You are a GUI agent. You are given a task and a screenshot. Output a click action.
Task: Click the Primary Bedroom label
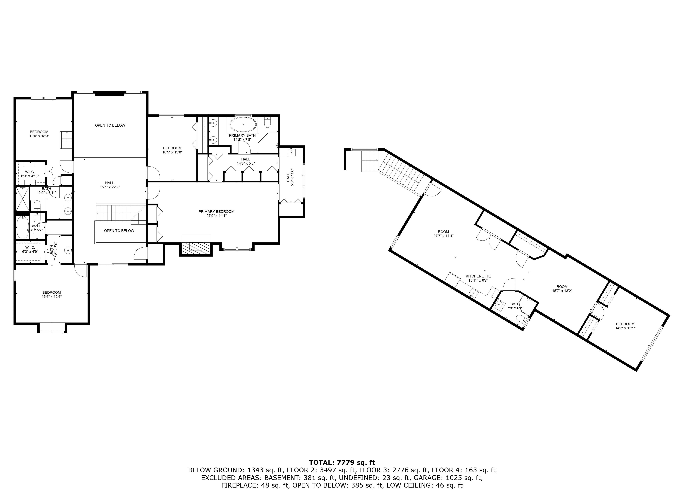pyautogui.click(x=216, y=213)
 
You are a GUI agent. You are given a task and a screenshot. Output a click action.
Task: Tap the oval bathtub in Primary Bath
pyautogui.click(x=243, y=124)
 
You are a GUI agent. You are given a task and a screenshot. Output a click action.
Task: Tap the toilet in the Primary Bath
pyautogui.click(x=268, y=122)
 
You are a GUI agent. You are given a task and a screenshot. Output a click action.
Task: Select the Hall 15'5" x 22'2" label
pyautogui.click(x=110, y=185)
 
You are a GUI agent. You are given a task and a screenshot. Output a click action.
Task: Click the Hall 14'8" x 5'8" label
pyautogui.click(x=246, y=161)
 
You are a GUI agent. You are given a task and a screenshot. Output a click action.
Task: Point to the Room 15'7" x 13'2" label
pyautogui.click(x=562, y=289)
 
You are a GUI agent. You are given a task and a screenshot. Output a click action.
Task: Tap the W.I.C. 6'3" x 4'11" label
pyautogui.click(x=30, y=174)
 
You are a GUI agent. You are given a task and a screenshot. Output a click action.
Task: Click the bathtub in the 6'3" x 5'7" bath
pyautogui.click(x=22, y=228)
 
